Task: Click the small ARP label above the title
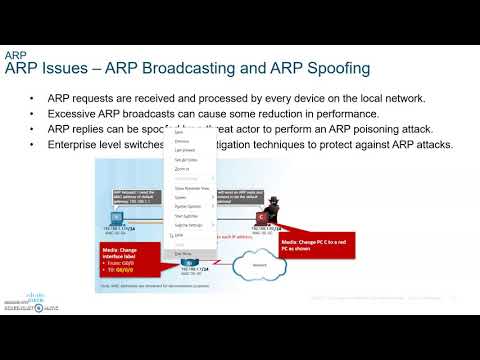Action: pyautogui.click(x=14, y=54)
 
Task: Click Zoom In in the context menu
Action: pyautogui.click(x=183, y=169)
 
